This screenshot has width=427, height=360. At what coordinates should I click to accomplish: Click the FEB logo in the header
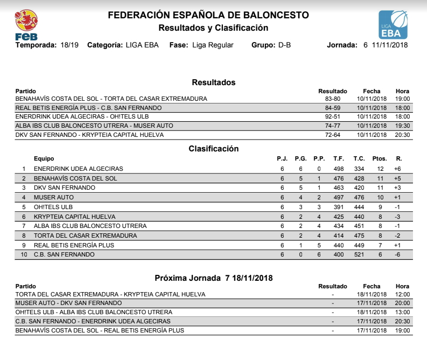26,25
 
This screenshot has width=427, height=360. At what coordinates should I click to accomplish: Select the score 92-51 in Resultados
332,116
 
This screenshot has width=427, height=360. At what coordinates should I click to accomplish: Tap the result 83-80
332,99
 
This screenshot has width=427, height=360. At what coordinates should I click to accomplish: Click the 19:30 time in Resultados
402,126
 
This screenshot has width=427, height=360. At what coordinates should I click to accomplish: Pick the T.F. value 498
338,169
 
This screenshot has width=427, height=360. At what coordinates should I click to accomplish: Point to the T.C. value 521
359,254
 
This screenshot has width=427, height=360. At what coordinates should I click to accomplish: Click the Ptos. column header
380,159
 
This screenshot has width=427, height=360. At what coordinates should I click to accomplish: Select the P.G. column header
301,159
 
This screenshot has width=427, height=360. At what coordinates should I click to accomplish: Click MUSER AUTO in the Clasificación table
54,197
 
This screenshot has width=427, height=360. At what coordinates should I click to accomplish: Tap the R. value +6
398,169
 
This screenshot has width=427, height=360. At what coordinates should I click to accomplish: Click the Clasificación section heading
213,149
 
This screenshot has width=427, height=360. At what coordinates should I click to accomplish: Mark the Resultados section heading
213,82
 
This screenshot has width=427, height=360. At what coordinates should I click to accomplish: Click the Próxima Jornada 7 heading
213,278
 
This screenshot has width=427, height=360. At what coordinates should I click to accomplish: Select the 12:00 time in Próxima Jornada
402,295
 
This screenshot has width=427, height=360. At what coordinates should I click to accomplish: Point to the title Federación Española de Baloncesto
208,15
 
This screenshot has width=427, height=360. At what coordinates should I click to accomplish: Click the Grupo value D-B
284,45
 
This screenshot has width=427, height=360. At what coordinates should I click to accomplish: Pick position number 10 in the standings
24,254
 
